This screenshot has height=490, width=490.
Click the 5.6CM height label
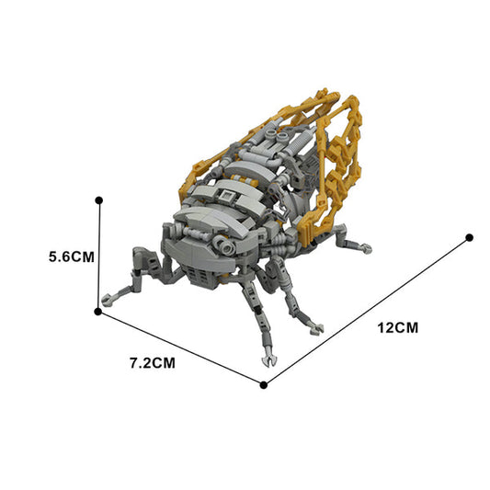point(72,256)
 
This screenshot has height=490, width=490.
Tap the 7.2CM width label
point(153,363)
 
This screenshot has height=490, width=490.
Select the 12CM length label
point(398,328)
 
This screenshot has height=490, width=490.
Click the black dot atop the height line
point(99,200)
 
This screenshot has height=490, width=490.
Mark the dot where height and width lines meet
point(97,312)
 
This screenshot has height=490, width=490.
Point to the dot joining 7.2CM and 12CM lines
point(264,384)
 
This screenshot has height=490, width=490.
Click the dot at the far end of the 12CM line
point(469,238)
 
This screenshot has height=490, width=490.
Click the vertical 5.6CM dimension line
point(98,256)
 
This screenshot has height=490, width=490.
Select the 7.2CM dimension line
point(180,348)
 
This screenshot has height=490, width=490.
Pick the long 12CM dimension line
point(366,312)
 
